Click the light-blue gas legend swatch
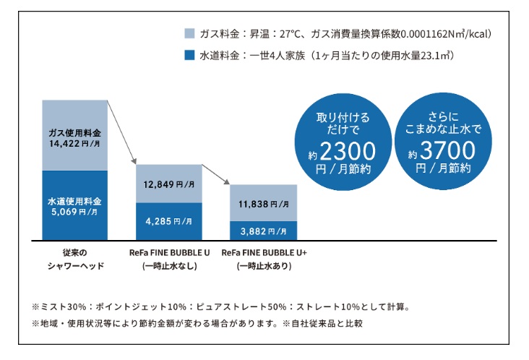pos(189,33)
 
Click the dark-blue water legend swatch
pos(189,54)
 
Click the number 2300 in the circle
pos(348,151)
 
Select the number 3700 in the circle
pos(447,151)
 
